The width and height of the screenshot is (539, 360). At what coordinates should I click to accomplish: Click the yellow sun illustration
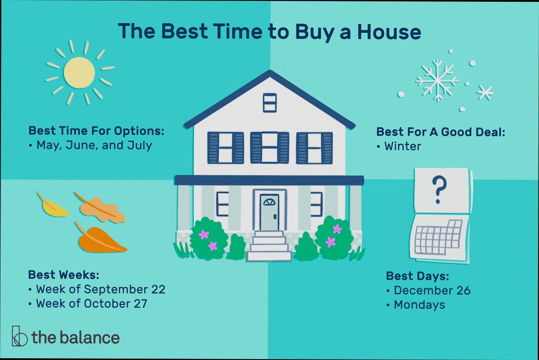(79, 73)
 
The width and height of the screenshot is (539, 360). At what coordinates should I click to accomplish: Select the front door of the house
(269, 212)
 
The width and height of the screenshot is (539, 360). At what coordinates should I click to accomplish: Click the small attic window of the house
(270, 103)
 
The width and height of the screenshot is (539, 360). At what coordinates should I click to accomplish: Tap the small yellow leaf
(53, 206)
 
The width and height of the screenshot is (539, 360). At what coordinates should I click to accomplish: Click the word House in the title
(392, 32)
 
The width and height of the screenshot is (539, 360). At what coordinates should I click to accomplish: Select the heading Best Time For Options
(96, 131)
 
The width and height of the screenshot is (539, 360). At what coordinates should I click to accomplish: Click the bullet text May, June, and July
(94, 145)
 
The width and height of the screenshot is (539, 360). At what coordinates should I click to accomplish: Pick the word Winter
(402, 146)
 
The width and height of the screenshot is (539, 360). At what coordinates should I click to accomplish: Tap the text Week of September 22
(100, 289)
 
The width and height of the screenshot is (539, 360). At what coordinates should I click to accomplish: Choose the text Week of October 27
(91, 303)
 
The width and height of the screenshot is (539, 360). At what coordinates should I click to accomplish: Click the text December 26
(432, 290)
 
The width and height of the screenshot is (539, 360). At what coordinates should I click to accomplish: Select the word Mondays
(419, 304)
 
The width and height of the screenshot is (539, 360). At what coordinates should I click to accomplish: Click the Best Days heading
(417, 275)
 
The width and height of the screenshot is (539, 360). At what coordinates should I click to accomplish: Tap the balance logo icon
(19, 336)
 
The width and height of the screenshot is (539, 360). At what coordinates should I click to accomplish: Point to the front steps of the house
(269, 247)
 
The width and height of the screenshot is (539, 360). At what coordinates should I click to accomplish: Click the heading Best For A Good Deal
(441, 132)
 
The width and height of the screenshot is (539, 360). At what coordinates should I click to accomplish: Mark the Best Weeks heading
(63, 274)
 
